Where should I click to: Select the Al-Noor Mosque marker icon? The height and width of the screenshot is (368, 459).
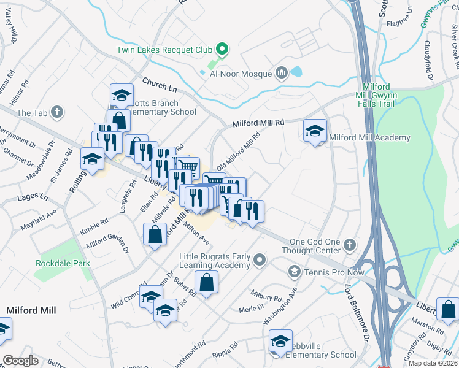pyautogui.click(x=282, y=74)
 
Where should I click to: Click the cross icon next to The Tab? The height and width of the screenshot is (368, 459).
pyautogui.click(x=57, y=112)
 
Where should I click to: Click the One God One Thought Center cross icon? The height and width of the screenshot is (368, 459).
pyautogui.click(x=349, y=245)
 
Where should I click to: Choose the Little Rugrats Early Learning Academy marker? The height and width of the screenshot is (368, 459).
pyautogui.click(x=260, y=260)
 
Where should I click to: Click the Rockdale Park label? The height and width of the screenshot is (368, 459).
pyautogui.click(x=63, y=263)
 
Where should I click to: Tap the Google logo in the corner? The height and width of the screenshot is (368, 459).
pyautogui.click(x=20, y=361)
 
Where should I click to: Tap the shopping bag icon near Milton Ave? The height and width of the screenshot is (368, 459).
pyautogui.click(x=155, y=234)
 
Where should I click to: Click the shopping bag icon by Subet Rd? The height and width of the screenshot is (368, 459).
pyautogui.click(x=207, y=282)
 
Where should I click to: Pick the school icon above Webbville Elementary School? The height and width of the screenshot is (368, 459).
pyautogui.click(x=280, y=340)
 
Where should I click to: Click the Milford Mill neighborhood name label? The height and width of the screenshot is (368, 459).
pyautogui.click(x=31, y=310)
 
